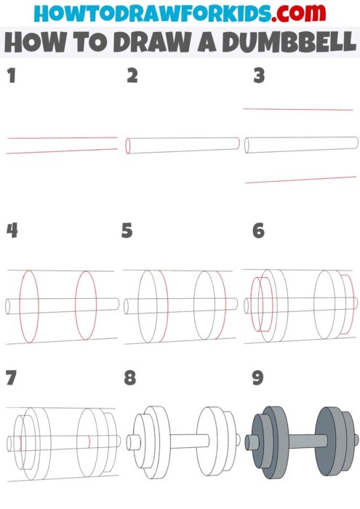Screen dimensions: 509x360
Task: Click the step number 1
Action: coord(11,75)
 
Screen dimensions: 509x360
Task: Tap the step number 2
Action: coord(132,75)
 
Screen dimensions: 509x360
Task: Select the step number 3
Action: coord(258,75)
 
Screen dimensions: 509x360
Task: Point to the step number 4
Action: coord(12,231)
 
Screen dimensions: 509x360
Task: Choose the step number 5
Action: coord(128,231)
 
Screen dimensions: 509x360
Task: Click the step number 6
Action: coord(258,231)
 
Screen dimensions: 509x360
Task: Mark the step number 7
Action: coord(10,378)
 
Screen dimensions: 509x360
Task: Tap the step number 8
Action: coord(130,378)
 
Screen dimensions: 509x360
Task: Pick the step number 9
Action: coord(258,378)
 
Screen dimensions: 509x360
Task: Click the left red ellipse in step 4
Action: coord(28,305)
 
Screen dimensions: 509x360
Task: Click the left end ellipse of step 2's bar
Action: coord(129,146)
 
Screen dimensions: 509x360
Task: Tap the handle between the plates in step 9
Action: coord(298,441)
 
